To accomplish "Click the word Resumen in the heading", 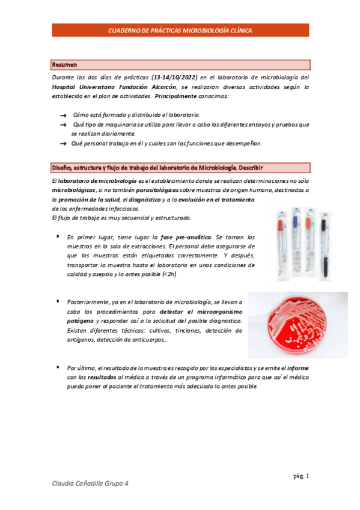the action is tap(64, 64).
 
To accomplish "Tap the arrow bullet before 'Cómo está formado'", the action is tap(63, 115).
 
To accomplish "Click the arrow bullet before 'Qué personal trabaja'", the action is tap(63, 143).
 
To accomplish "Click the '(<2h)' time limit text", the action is tap(169, 274).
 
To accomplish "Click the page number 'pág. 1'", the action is tap(301, 476).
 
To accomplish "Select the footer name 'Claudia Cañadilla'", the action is tap(78, 484).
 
